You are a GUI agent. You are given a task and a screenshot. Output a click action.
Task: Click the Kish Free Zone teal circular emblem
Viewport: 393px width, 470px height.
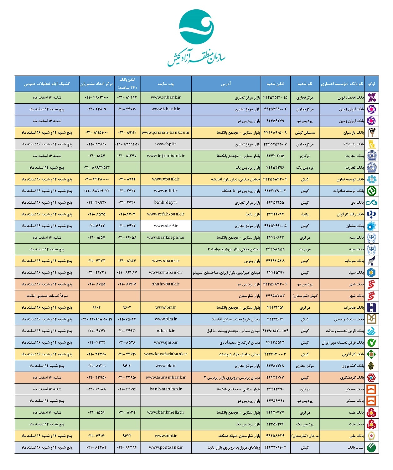pyautogui.click(x=196, y=27)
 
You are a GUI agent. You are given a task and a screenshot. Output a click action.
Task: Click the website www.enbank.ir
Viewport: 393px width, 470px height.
pyautogui.click(x=166, y=97)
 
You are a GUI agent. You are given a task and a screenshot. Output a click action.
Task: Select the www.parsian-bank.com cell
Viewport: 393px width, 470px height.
pyautogui.click(x=165, y=133)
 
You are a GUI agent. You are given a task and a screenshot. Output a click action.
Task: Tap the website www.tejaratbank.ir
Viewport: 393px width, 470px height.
pyautogui.click(x=166, y=156)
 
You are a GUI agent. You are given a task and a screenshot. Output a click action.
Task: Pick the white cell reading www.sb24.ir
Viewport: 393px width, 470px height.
pyautogui.click(x=166, y=226)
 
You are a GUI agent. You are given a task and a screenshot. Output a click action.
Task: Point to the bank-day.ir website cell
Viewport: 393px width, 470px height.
pyautogui.click(x=166, y=202)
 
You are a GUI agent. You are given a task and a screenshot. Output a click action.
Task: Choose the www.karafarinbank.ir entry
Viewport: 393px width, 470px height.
pyautogui.click(x=166, y=354)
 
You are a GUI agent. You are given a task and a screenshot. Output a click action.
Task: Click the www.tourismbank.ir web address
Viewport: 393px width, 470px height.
pyautogui.click(x=166, y=378)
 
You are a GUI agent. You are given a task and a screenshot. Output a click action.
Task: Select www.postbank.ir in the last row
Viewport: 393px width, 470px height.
pyautogui.click(x=166, y=447)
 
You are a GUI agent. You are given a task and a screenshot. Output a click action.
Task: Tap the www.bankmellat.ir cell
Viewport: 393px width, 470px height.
pyautogui.click(x=166, y=412)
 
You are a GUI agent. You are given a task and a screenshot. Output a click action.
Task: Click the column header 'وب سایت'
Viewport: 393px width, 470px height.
pyautogui.click(x=166, y=84)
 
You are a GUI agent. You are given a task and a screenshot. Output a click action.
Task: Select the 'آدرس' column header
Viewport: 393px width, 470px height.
pyautogui.click(x=226, y=84)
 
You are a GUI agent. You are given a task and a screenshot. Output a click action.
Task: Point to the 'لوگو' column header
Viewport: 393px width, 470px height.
pyautogui.click(x=372, y=84)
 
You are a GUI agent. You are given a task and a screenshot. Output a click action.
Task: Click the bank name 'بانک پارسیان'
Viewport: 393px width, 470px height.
pyautogui.click(x=354, y=133)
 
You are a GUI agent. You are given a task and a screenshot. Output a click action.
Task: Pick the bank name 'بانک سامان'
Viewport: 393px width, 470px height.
pyautogui.click(x=355, y=226)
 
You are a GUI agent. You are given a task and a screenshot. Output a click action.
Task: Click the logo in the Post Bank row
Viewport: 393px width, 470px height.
pyautogui.click(x=372, y=447)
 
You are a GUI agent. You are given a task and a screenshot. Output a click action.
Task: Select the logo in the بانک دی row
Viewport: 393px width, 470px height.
pyautogui.click(x=372, y=202)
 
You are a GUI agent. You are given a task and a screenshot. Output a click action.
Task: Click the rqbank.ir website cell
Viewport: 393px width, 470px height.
pyautogui.click(x=166, y=331)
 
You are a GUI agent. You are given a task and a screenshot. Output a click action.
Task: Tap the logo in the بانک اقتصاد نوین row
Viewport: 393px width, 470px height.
pyautogui.click(x=372, y=97)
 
